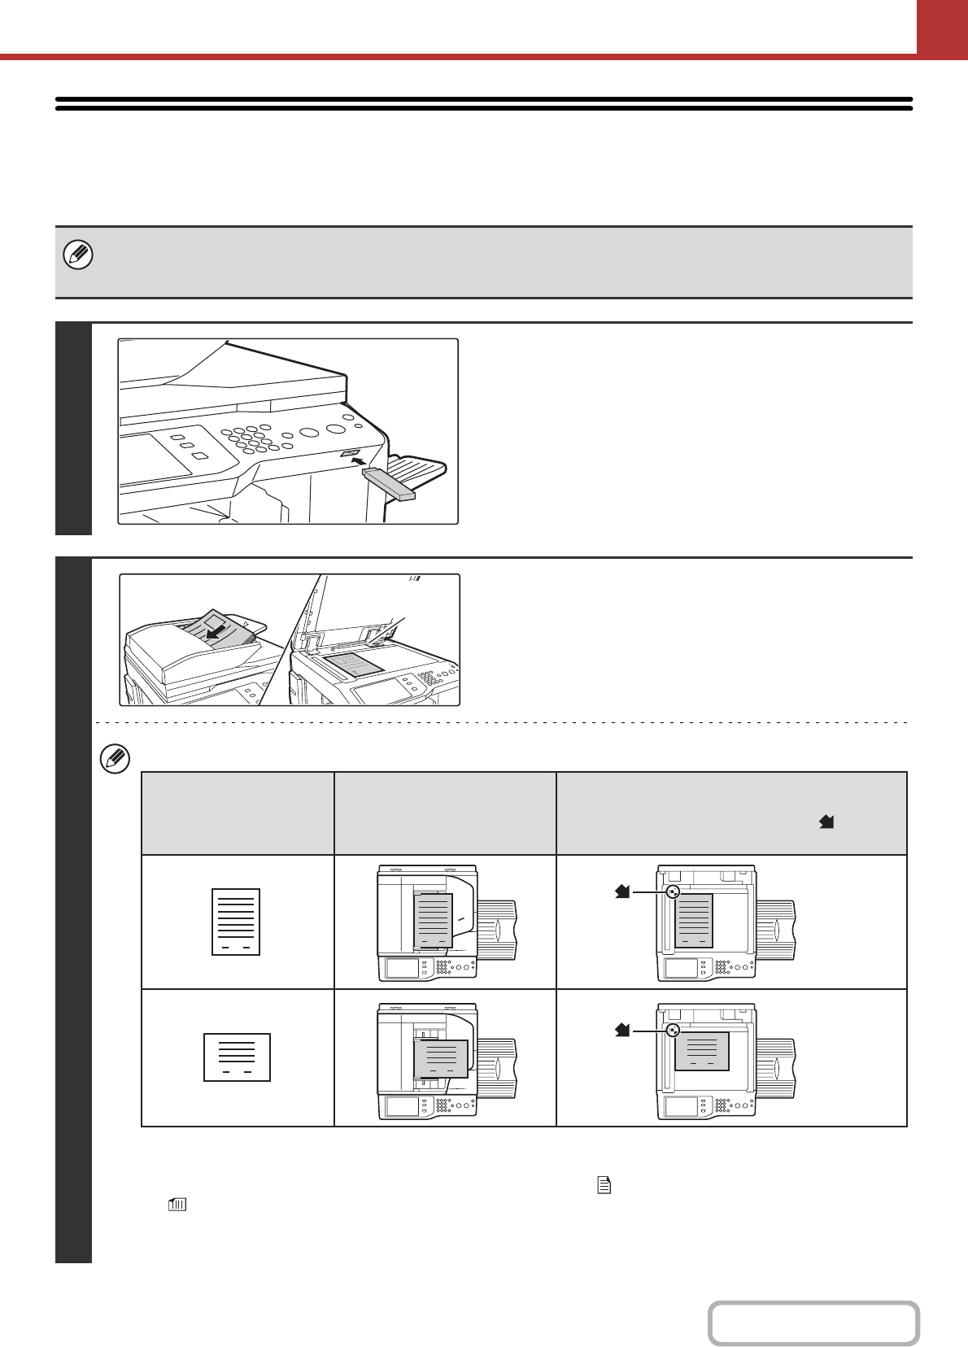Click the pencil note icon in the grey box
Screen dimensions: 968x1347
coord(78,255)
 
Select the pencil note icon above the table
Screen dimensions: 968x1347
coord(115,759)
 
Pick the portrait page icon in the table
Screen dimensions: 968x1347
coord(236,922)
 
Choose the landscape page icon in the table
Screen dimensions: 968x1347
coord(237,1057)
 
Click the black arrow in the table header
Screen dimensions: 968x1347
coord(826,822)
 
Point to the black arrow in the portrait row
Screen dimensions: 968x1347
coord(622,892)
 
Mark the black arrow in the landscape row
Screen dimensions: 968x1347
coord(622,1031)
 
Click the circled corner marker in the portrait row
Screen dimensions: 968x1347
coord(672,892)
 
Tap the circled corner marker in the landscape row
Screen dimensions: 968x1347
coord(672,1031)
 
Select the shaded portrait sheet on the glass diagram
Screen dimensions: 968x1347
coord(694,921)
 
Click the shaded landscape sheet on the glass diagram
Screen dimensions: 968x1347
coord(702,1052)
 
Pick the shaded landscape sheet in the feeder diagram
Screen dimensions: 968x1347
coord(441,1058)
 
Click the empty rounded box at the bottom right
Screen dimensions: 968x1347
coord(813,1323)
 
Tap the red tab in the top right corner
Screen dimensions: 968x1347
coord(942,27)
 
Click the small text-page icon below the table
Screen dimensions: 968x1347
coord(604,1186)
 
